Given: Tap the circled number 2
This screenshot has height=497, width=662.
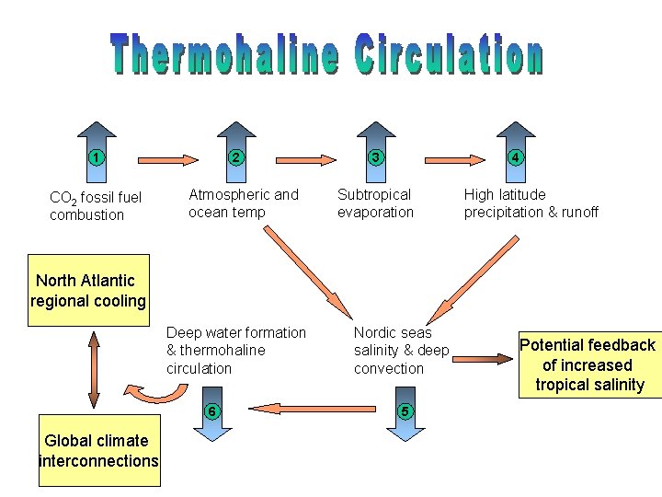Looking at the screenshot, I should coord(235,156).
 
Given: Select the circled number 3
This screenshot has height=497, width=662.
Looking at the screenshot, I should coord(375,156).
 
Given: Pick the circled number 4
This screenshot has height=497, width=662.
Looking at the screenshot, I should coord(516,156).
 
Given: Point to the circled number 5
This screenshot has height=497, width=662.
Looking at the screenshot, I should coord(401,410).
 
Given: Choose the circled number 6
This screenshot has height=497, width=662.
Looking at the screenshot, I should coord(211,410).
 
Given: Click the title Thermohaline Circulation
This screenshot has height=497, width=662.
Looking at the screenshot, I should coord(326,55).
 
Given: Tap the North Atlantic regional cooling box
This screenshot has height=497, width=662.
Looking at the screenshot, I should coord(88,291).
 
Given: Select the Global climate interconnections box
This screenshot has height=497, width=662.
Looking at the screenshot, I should coord(98,451).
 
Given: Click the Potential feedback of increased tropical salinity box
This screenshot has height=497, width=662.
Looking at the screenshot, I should coord(588,364).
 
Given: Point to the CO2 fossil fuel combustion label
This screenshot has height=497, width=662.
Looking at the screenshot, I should coord(96,206).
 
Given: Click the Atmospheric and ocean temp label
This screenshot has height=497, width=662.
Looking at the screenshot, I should coord(243,203).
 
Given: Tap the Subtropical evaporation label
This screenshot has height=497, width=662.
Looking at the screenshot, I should coord(375,203).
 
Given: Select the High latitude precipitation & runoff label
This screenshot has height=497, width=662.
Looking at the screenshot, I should coord(531,203).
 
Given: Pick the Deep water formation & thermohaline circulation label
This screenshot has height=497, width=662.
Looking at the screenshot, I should coord(235,351).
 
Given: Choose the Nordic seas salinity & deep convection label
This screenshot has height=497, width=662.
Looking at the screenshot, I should coord(401,351).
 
